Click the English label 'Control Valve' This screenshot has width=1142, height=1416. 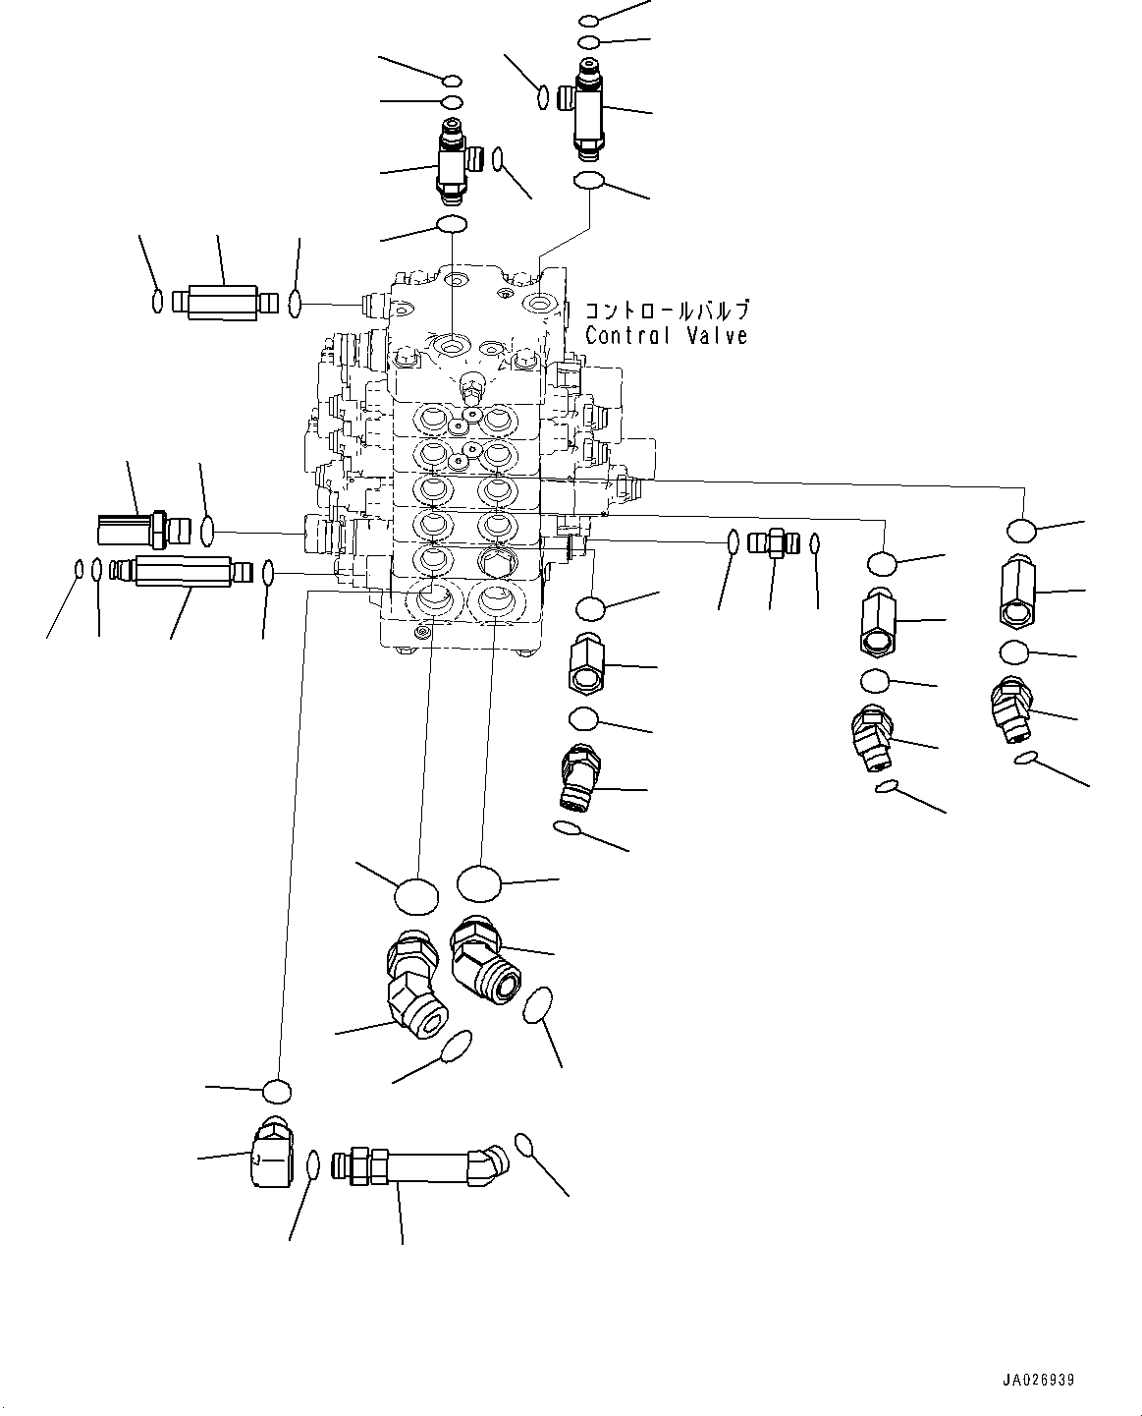pyautogui.click(x=666, y=335)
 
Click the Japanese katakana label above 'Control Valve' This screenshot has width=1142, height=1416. pyautogui.click(x=668, y=311)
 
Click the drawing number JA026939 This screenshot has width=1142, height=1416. pyautogui.click(x=1038, y=1380)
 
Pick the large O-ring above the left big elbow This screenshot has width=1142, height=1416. pyautogui.click(x=416, y=895)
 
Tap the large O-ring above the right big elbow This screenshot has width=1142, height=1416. pyautogui.click(x=478, y=882)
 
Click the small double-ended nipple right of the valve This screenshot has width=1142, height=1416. pyautogui.click(x=773, y=542)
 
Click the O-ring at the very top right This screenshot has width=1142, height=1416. pyautogui.click(x=589, y=20)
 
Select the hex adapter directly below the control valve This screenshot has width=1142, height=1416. pyautogui.click(x=585, y=664)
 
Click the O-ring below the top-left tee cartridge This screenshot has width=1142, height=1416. pyautogui.click(x=451, y=225)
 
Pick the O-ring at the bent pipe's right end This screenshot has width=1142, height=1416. pyautogui.click(x=524, y=1144)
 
